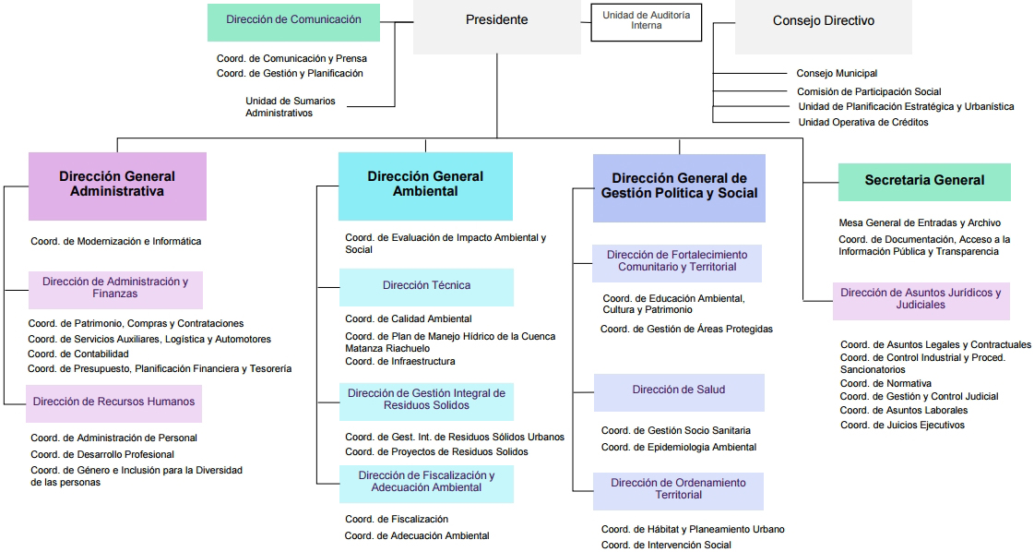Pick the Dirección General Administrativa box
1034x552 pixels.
pos(117,185)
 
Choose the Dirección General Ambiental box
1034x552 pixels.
pos(425,185)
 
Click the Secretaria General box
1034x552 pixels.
pos(924,182)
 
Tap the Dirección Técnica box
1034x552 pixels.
pos(426,286)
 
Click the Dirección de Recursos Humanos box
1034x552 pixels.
pos(113,402)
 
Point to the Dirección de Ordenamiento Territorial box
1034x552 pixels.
pos(678,490)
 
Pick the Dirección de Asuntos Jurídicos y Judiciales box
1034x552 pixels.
pos(921,299)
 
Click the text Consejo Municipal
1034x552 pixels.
pos(837,73)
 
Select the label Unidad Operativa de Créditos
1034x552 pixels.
pos(862,122)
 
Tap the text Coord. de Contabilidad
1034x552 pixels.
pos(78,354)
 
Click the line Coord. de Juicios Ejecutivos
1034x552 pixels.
pos(902,426)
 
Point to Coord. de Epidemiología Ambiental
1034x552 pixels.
pos(678,448)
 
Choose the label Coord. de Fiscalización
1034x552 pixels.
pos(397,520)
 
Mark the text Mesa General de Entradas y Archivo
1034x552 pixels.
pos(919,223)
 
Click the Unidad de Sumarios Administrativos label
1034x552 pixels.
pos(291,106)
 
